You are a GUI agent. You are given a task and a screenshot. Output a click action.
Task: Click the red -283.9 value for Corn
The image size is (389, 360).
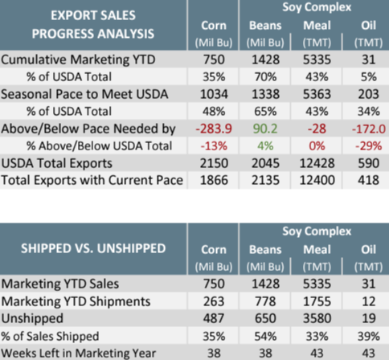214,129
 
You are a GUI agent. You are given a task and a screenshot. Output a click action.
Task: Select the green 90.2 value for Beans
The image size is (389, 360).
265,129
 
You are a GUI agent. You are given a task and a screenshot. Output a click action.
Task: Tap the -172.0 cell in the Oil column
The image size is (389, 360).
369,129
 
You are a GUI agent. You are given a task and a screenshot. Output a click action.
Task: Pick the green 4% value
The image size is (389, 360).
265,146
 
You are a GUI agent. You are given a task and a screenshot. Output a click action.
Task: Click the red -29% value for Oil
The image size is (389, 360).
369,146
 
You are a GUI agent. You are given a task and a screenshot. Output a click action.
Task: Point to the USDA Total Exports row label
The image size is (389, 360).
57,163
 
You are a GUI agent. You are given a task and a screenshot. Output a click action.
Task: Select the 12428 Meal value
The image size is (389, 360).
317,163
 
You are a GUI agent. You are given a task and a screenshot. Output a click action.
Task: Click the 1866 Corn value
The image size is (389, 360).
214,180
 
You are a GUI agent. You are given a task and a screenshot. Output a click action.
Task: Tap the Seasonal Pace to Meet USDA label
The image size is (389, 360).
84,94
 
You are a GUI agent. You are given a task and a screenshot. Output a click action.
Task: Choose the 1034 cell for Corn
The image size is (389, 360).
214,94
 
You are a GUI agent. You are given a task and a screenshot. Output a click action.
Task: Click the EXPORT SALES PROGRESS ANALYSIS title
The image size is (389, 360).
93,25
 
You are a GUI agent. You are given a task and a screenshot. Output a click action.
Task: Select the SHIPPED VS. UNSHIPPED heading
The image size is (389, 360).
93,248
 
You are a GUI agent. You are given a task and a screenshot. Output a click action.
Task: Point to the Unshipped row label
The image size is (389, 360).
32,319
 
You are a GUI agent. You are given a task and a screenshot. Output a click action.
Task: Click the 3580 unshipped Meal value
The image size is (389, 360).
317,318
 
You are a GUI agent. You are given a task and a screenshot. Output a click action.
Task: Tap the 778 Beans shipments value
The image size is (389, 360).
265,301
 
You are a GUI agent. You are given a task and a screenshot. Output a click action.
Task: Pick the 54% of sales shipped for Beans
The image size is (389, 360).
265,336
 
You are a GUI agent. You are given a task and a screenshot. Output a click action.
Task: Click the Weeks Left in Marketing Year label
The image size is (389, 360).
79,354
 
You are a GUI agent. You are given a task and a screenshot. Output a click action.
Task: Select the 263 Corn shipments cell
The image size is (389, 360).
214,301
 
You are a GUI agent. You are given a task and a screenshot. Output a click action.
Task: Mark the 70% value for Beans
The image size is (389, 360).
265,77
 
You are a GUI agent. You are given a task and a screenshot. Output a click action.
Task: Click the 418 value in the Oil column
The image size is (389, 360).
369,180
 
